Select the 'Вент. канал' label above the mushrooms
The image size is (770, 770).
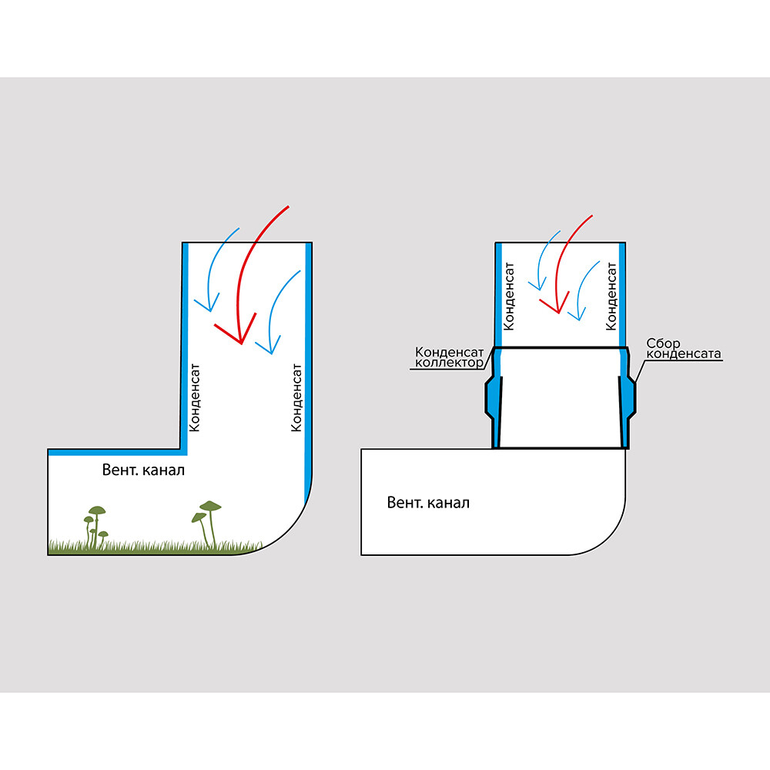coord(143,470)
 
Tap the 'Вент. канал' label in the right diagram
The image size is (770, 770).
coord(428,503)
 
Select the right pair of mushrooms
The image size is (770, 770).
coord(207,520)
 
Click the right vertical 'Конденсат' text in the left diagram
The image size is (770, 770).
coord(296,396)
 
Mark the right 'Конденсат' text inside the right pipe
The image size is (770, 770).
coord(613,296)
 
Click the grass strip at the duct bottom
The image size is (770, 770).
coord(154,547)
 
